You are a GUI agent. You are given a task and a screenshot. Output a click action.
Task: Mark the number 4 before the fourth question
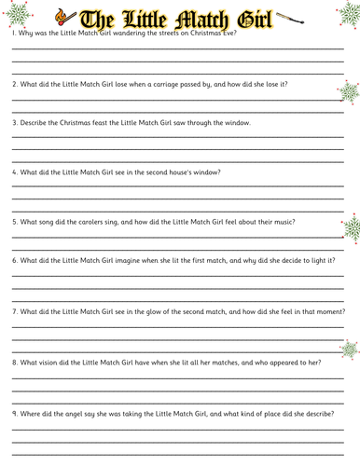[14, 172]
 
